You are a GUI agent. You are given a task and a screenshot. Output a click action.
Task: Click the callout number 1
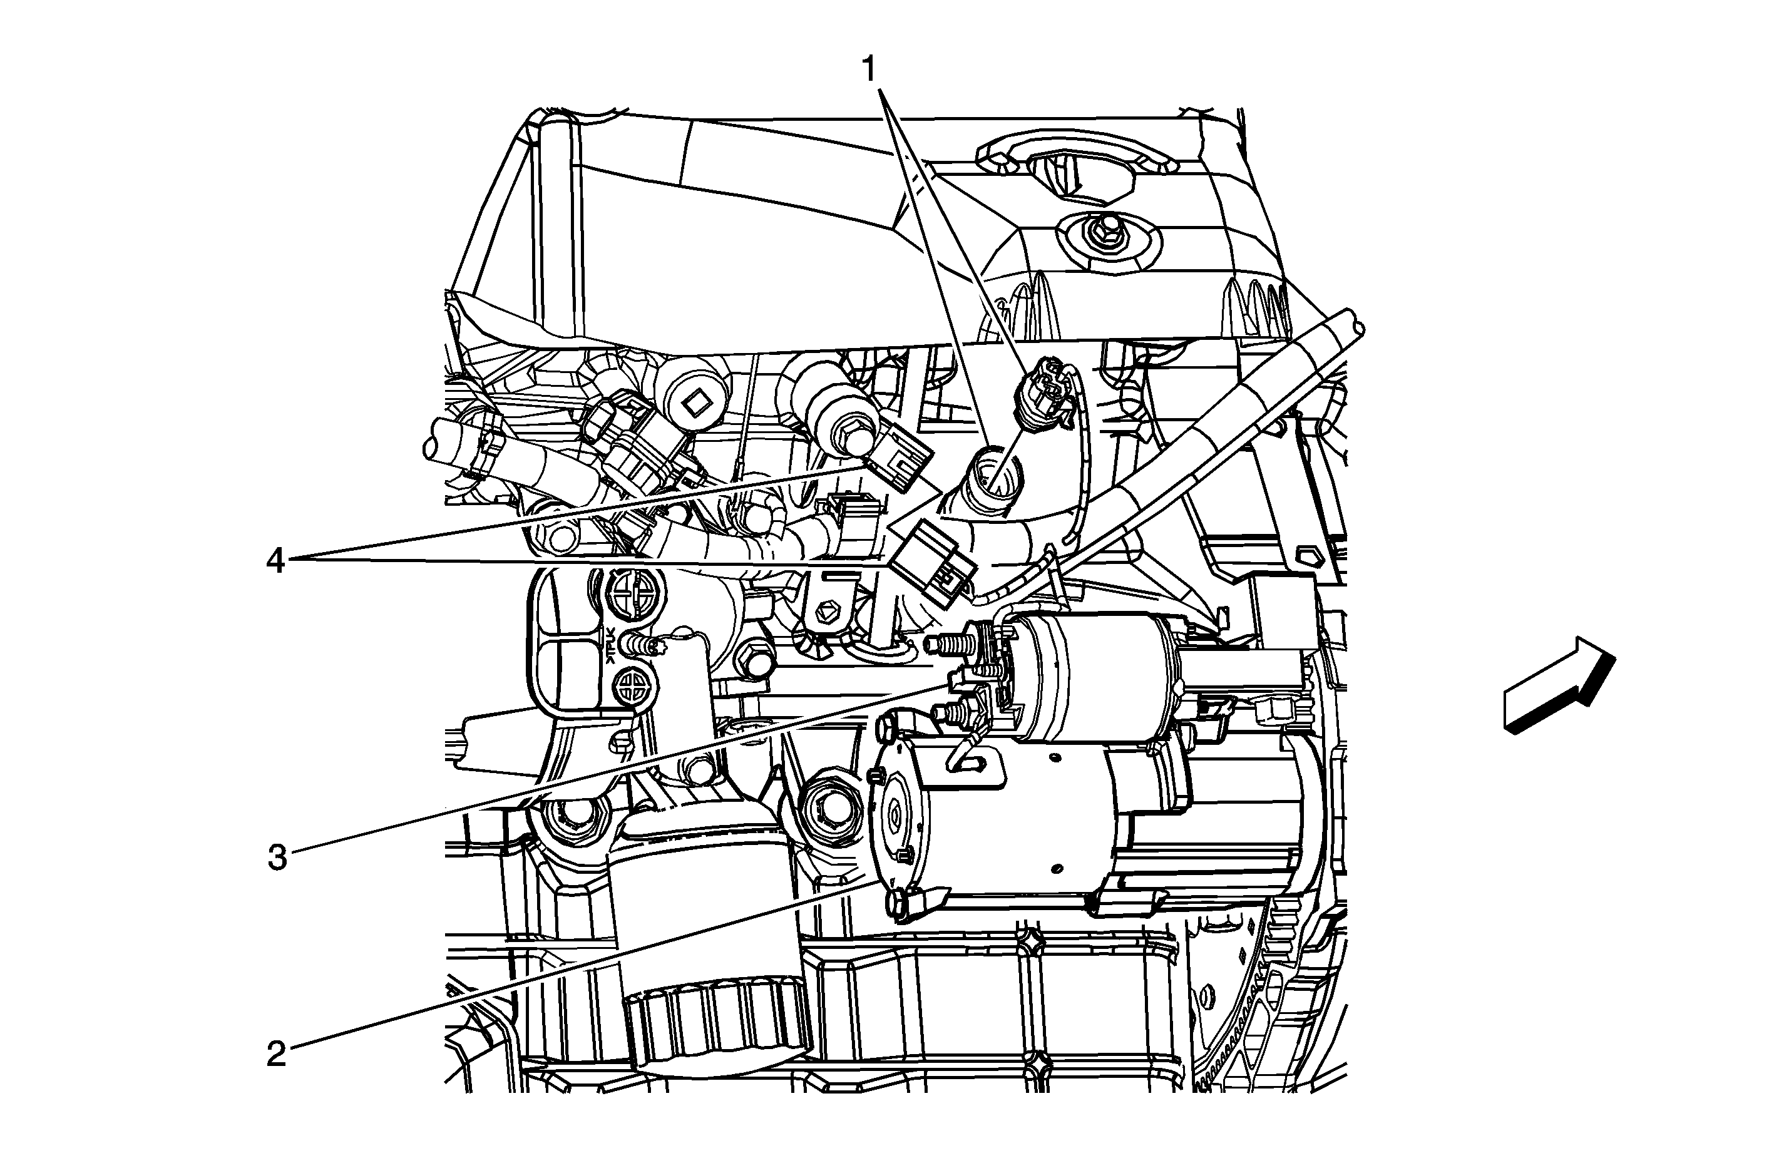point(869,71)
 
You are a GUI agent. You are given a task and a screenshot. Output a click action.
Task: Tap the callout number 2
point(277,1055)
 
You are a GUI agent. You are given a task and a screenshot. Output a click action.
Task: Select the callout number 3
point(277,858)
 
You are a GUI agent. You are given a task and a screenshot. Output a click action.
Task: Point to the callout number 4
point(276,560)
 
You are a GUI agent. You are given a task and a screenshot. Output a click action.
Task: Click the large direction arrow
point(1559,684)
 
